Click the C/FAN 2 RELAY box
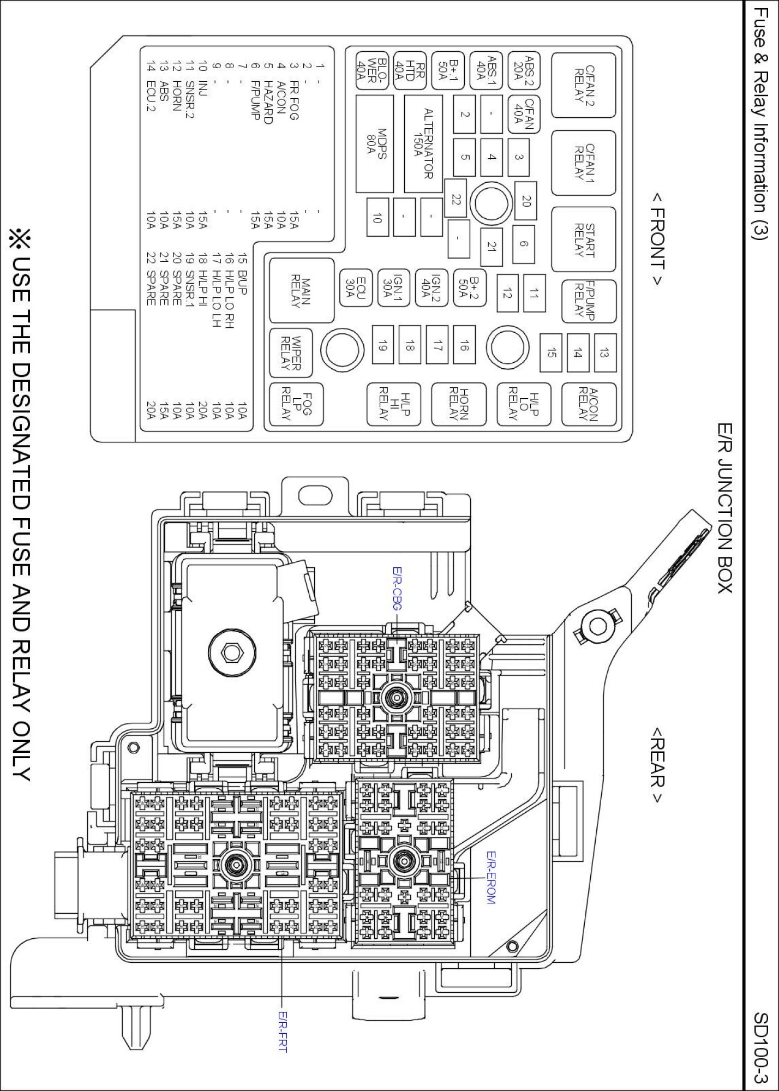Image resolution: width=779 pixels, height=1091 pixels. point(583,85)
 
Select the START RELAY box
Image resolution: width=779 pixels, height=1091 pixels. point(583,239)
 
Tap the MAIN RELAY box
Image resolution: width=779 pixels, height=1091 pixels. point(301,290)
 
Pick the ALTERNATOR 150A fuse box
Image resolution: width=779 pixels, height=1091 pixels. point(423,143)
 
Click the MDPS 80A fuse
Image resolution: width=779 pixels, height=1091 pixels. point(374,143)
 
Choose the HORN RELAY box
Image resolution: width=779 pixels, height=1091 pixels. point(458,404)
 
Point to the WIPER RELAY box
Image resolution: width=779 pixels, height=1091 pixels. point(291,352)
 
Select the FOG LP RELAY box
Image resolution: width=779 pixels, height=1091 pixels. point(296,404)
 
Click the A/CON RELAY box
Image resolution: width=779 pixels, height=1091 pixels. point(589,404)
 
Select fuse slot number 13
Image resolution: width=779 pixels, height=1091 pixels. point(604,353)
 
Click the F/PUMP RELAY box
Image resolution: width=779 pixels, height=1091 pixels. point(589,301)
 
